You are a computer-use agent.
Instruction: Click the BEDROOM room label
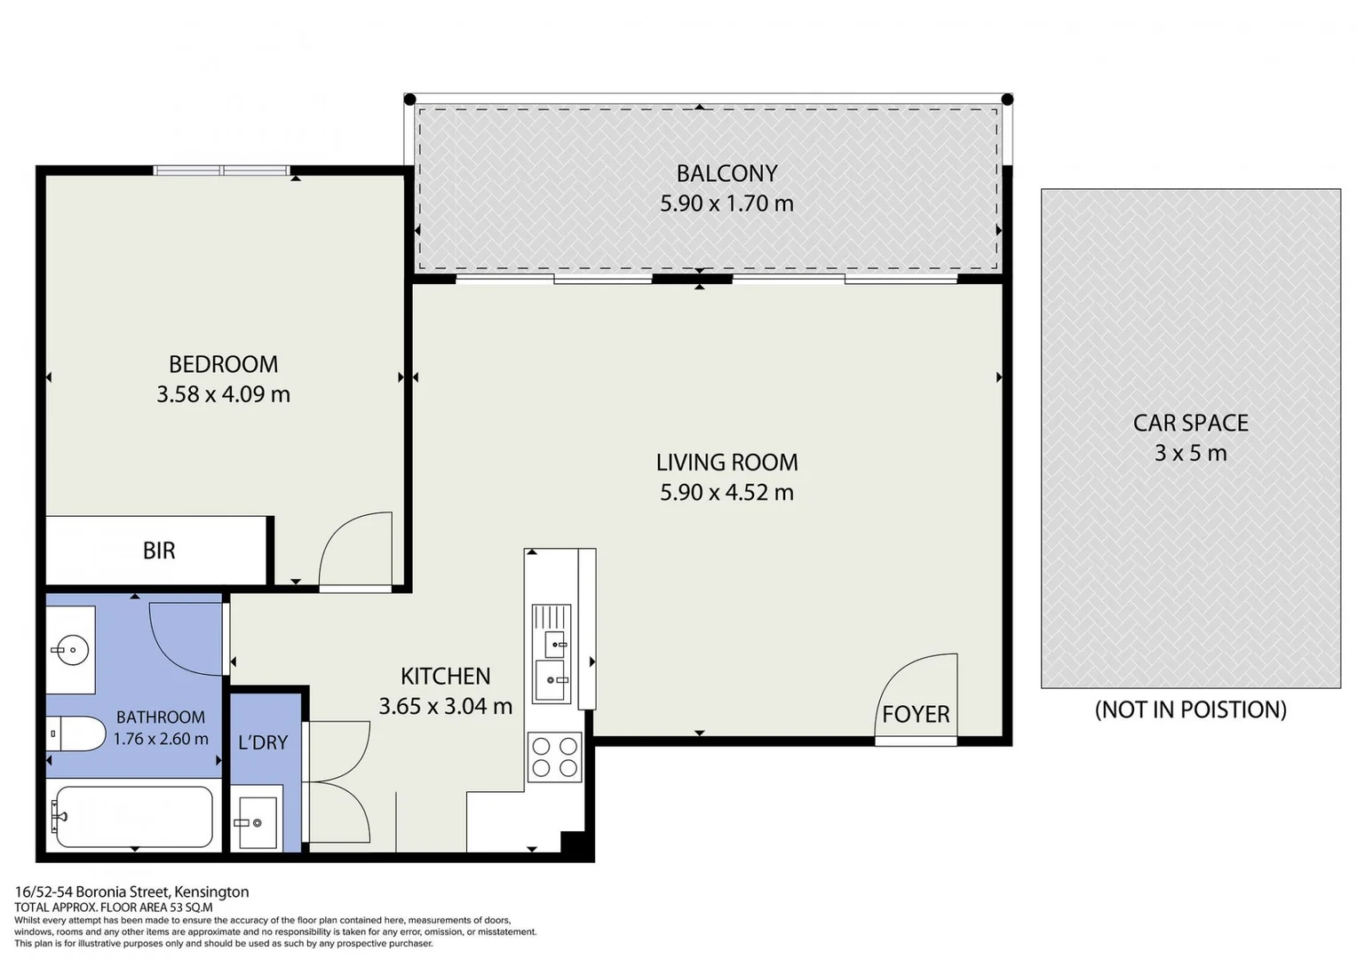point(223,364)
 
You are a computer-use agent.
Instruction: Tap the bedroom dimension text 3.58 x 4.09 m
point(223,394)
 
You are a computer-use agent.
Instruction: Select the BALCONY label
point(726,173)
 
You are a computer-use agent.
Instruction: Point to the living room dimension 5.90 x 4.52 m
point(726,492)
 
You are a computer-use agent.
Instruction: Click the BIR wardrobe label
point(159,551)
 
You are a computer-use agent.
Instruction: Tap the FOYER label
point(916,714)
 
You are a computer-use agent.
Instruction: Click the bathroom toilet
point(75,733)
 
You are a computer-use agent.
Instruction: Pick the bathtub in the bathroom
point(133,816)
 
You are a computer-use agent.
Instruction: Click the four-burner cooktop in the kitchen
point(554,757)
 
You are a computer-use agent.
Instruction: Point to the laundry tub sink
point(257,821)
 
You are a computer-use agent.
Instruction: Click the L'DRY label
point(263,742)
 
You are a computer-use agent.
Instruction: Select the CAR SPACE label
point(1190,423)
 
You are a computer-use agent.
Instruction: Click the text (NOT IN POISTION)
point(1190,709)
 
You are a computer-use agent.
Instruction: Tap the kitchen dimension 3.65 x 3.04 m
point(445,707)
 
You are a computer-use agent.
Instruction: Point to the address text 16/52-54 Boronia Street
point(131,892)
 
